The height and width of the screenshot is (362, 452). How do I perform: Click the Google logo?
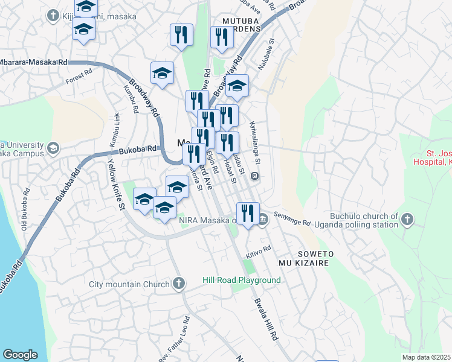pos(20,355)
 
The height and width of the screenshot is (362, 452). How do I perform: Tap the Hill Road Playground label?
pos(241,281)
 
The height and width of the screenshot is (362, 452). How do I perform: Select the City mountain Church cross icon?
pos(178,283)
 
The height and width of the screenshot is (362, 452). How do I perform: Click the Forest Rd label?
pos(79,75)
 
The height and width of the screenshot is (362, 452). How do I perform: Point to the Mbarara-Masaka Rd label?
pos(33,62)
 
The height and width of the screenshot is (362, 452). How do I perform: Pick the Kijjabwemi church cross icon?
pos(53,15)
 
